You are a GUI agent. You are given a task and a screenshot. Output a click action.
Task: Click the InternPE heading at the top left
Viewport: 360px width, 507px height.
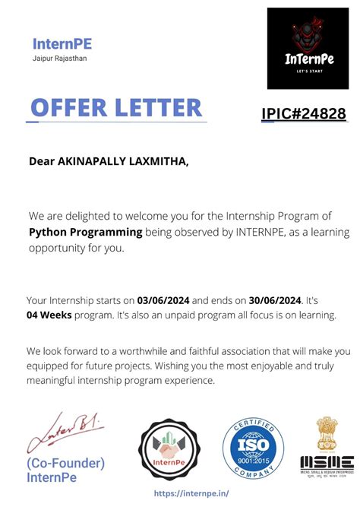click(x=62, y=43)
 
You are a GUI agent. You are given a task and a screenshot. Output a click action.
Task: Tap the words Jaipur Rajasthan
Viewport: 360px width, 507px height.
click(x=60, y=58)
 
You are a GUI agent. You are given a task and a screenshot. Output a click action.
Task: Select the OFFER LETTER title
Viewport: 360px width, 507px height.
click(x=116, y=107)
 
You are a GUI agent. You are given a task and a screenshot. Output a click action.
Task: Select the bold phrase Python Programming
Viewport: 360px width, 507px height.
click(x=86, y=233)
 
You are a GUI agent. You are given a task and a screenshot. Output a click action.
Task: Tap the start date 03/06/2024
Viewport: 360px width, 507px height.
click(x=163, y=300)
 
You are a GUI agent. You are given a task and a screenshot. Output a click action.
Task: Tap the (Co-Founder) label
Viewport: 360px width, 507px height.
click(x=65, y=463)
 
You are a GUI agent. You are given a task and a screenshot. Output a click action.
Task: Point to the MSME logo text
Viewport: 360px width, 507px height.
click(x=327, y=462)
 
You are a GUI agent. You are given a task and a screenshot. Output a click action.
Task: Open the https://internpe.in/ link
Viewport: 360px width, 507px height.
click(x=191, y=493)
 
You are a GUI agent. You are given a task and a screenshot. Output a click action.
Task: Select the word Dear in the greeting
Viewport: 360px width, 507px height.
click(x=43, y=161)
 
